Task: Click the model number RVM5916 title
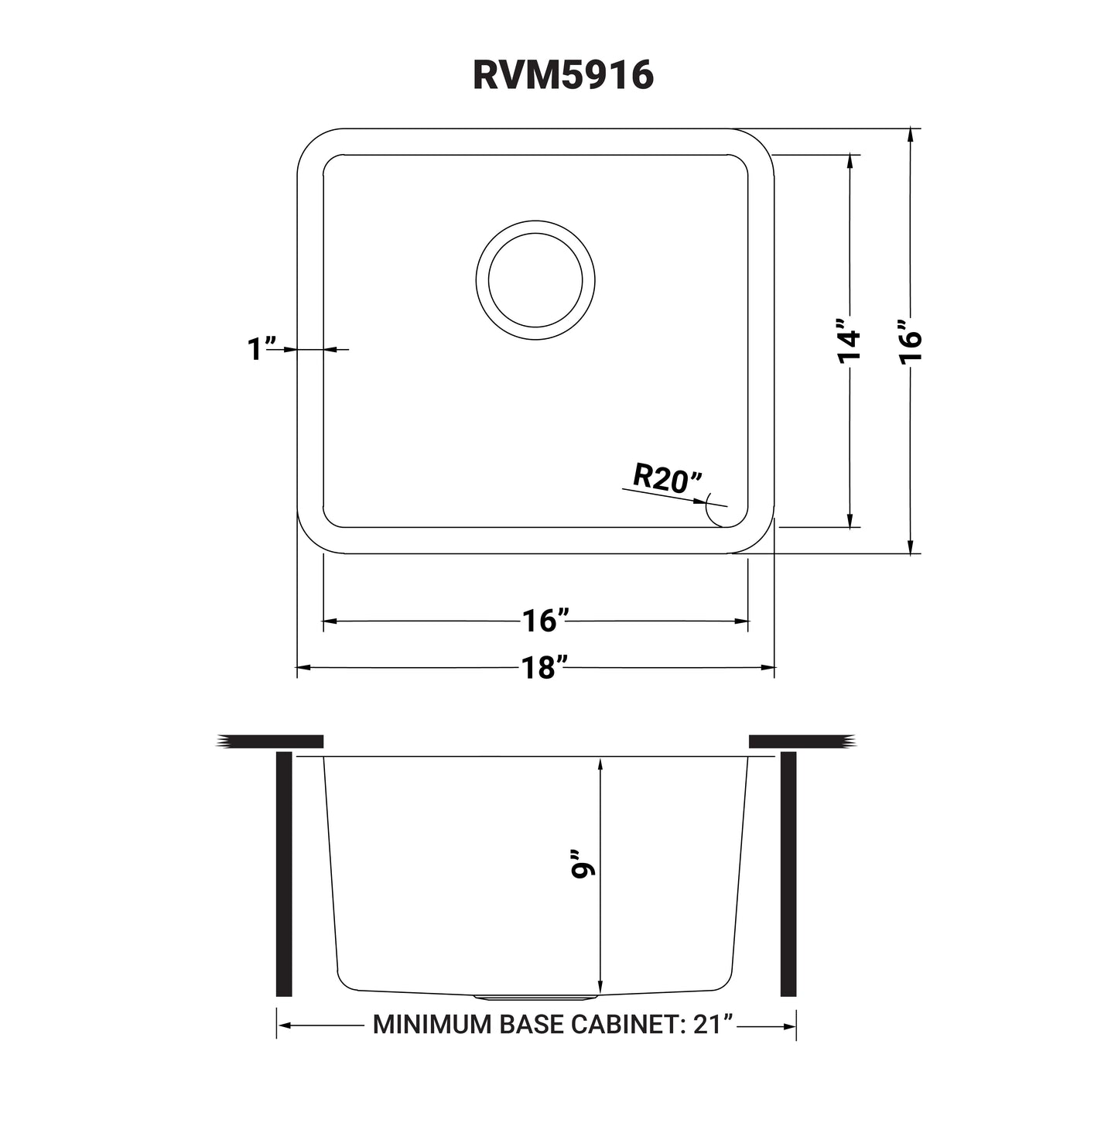pyautogui.click(x=563, y=75)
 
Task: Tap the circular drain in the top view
pyautogui.click(x=535, y=280)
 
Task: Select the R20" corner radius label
pyautogui.click(x=666, y=480)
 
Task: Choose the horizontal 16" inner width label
pyautogui.click(x=545, y=621)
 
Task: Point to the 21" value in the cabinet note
pyautogui.click(x=713, y=1025)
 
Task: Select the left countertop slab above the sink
pyautogui.click(x=271, y=741)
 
